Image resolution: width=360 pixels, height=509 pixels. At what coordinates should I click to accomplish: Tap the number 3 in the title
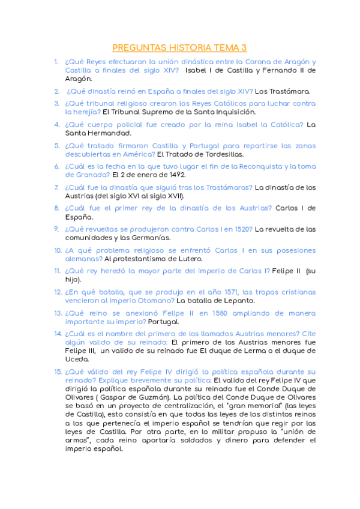[x=244, y=48]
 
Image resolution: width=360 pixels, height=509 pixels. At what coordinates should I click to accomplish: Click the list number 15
[x=58, y=372]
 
